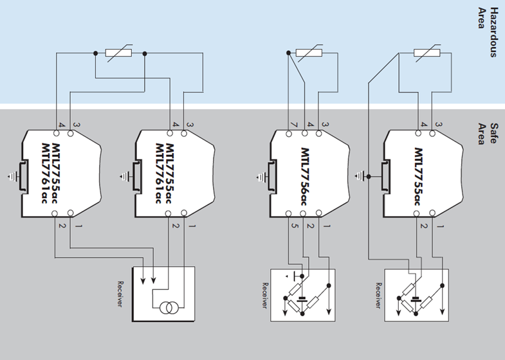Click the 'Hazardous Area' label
[x=488, y=32]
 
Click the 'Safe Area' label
[x=488, y=133]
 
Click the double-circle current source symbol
[x=169, y=309]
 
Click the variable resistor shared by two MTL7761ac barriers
[x=120, y=53]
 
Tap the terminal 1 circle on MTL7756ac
[x=328, y=213]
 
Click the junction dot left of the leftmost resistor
[x=95, y=53]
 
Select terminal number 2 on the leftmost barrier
[x=62, y=226]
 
